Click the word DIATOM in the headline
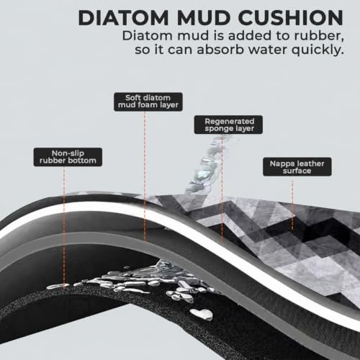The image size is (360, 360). point(123,18)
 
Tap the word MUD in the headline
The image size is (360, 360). point(204,18)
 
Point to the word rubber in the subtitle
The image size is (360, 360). point(319,36)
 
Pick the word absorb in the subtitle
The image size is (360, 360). point(221,50)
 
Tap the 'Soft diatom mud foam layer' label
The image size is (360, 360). point(148,102)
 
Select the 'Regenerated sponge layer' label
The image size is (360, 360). point(228,125)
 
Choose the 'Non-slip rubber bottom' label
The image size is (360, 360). point(68,157)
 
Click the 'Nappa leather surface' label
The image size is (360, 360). point(297,167)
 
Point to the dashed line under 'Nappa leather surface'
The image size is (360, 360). point(292,205)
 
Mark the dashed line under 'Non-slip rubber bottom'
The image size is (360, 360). point(64,227)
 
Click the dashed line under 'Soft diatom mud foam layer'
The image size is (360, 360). point(145,176)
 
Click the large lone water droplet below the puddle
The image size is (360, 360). point(202,314)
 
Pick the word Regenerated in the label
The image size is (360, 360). point(229,121)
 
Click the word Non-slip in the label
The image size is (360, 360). point(68,153)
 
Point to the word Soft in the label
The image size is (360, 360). point(132,98)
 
